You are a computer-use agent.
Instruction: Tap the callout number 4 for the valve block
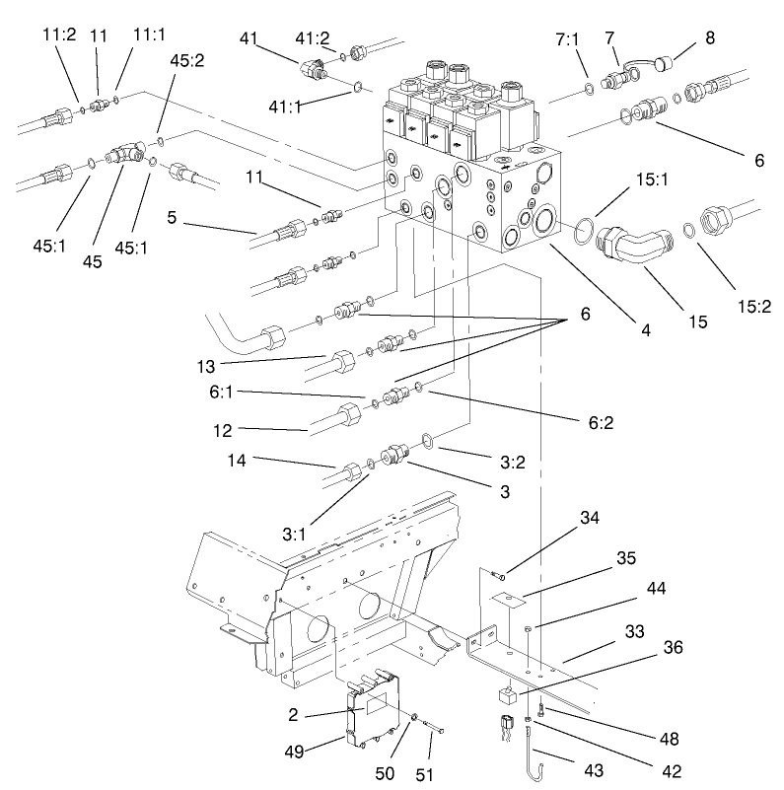click(645, 332)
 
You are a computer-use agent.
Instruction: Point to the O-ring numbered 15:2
click(689, 233)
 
